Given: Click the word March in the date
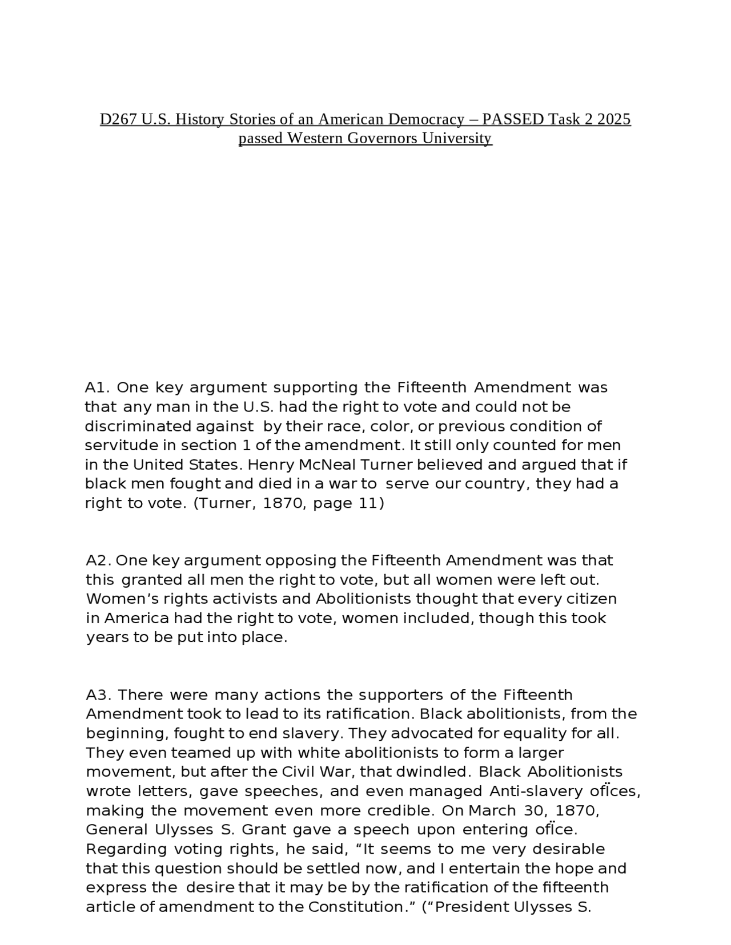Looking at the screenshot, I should pos(492,811).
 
